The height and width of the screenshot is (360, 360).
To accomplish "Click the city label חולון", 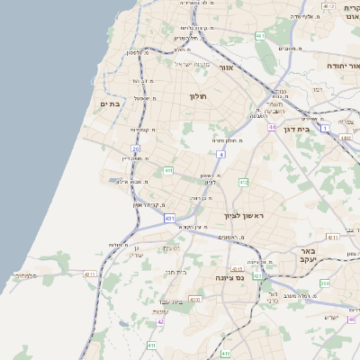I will pos(198,96).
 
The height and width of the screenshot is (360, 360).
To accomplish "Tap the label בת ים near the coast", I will pos(109,104).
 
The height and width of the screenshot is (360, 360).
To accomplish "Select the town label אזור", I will pos(227,67).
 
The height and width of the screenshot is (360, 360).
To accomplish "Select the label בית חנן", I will pos(175,271).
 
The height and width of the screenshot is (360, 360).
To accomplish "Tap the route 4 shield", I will pos(220,154).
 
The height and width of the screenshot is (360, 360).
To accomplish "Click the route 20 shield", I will pos(135,148).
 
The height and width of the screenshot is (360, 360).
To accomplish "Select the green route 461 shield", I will pos(259,36).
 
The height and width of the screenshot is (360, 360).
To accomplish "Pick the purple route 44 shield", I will pos(271,128).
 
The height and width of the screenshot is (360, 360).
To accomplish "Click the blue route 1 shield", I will pos(325,129).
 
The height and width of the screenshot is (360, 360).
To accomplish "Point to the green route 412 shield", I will pos(243,182).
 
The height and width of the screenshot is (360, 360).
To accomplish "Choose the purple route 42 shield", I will pos(160,321).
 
